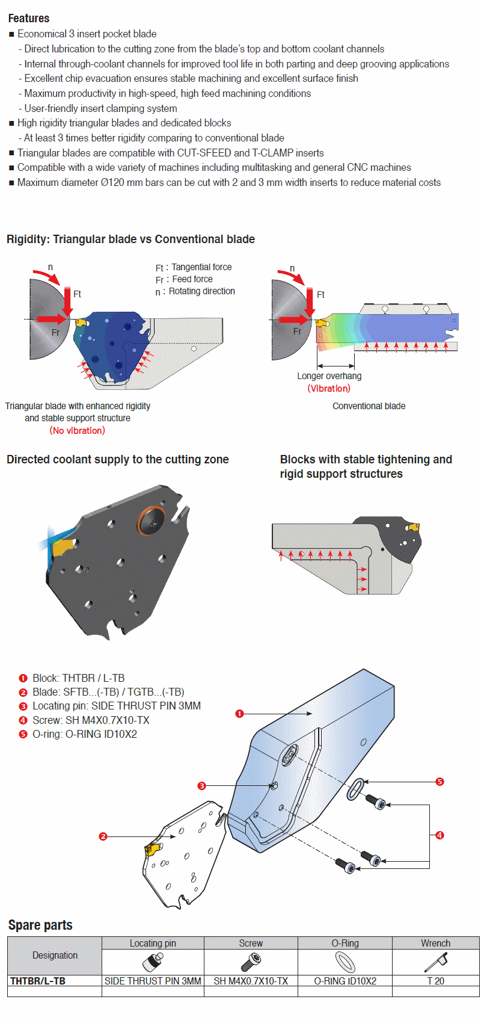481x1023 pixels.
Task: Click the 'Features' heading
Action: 29,18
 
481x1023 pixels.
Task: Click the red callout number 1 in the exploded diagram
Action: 239,714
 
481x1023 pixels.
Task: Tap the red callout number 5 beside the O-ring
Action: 440,782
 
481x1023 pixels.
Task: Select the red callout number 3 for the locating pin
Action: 202,786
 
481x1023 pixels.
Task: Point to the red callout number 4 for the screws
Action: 440,835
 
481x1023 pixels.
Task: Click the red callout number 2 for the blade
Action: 103,836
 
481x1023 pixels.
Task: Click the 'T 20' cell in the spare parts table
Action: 435,981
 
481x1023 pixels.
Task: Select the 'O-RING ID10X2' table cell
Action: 345,981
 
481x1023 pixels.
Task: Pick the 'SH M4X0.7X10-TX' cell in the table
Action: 251,981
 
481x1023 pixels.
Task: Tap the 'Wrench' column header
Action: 435,943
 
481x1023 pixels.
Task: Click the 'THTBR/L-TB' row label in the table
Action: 38,981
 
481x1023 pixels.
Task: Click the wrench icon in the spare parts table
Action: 435,962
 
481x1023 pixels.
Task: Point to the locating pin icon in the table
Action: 153,962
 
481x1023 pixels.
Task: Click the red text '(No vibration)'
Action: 77,430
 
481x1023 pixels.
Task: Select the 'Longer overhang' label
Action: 329,376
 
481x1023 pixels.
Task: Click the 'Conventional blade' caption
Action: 369,406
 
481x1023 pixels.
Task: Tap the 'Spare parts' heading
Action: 40,926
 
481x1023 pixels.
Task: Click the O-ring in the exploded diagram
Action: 355,789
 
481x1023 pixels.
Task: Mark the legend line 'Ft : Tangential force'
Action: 194,267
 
